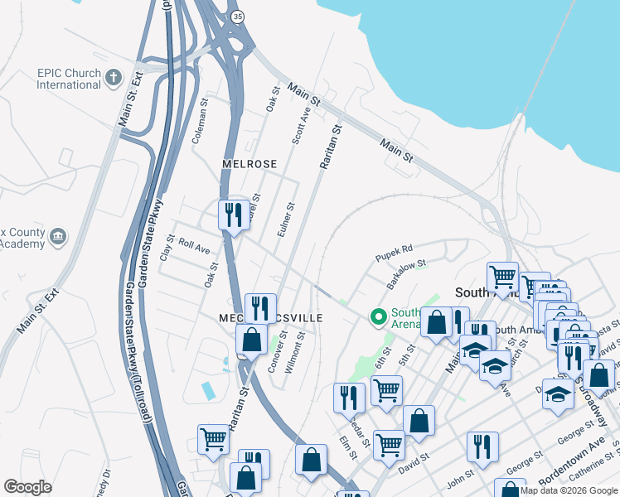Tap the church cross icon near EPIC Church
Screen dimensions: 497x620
coord(114,79)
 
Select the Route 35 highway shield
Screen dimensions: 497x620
coord(238,16)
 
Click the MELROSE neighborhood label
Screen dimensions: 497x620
coord(249,164)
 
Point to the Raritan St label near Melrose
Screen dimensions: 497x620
coord(330,147)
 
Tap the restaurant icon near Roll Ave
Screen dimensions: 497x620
coord(233,215)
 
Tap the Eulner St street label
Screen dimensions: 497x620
coord(285,222)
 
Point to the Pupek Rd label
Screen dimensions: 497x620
coord(393,248)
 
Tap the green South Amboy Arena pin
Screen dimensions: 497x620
coord(379,316)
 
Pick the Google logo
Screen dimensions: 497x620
coord(28,487)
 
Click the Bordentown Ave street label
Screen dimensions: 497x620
coord(572,468)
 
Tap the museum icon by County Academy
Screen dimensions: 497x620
coord(58,236)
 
